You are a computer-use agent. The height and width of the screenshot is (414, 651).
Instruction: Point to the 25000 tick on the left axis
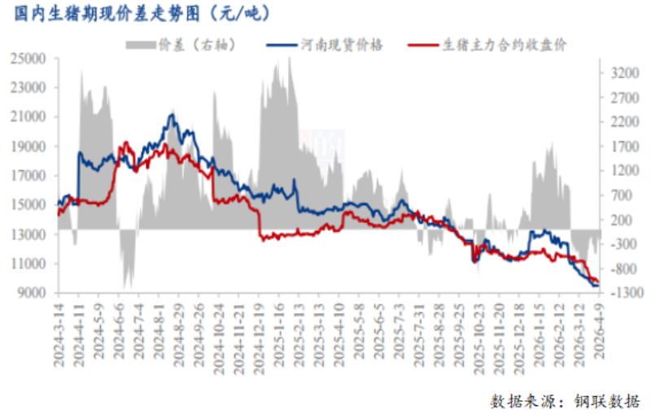click(33, 59)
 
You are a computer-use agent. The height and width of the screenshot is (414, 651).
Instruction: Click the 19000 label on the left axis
click(33, 147)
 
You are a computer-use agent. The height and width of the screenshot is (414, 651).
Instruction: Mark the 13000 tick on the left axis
click(33, 235)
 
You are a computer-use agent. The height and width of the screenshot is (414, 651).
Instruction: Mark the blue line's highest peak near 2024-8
click(171, 115)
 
